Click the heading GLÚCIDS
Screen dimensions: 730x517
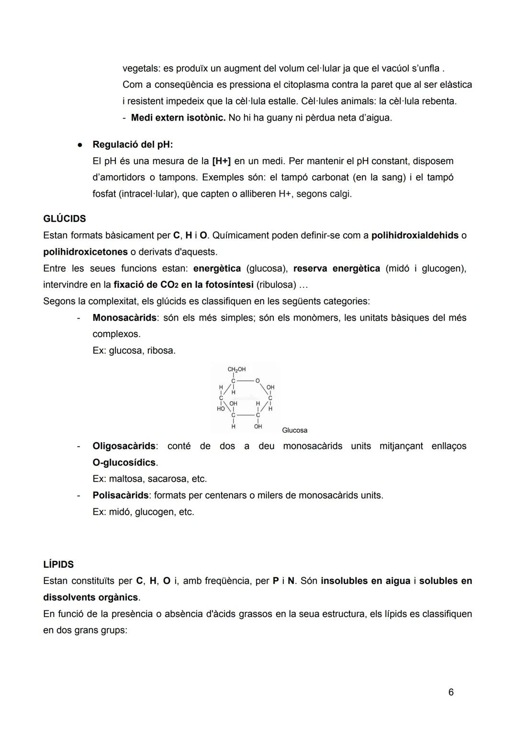pyautogui.click(x=64, y=219)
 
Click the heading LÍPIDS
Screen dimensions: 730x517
pyautogui.click(x=58, y=564)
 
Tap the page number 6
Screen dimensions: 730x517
pyautogui.click(x=451, y=692)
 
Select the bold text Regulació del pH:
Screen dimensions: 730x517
pyautogui.click(x=133, y=145)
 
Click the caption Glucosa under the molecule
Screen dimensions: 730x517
pyautogui.click(x=294, y=430)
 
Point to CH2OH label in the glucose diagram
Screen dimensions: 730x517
pyautogui.click(x=236, y=370)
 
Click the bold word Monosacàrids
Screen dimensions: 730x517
pyautogui.click(x=124, y=318)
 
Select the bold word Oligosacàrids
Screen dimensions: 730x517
pyautogui.click(x=124, y=446)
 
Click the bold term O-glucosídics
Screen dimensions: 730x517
pyautogui.click(x=124, y=462)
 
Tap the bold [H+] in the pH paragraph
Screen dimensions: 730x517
pyautogui.click(x=221, y=161)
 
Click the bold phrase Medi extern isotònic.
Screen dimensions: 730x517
pyautogui.click(x=178, y=118)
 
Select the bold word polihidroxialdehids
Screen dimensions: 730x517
pyautogui.click(x=415, y=236)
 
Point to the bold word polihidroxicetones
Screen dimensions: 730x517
pyautogui.click(x=85, y=252)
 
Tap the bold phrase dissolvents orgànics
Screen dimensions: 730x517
pyautogui.click(x=90, y=597)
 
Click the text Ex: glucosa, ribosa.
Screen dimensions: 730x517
pyautogui.click(x=134, y=350)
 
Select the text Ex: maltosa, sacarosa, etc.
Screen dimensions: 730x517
pyautogui.click(x=149, y=479)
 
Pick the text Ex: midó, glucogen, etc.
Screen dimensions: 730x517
pyautogui.click(x=143, y=512)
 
